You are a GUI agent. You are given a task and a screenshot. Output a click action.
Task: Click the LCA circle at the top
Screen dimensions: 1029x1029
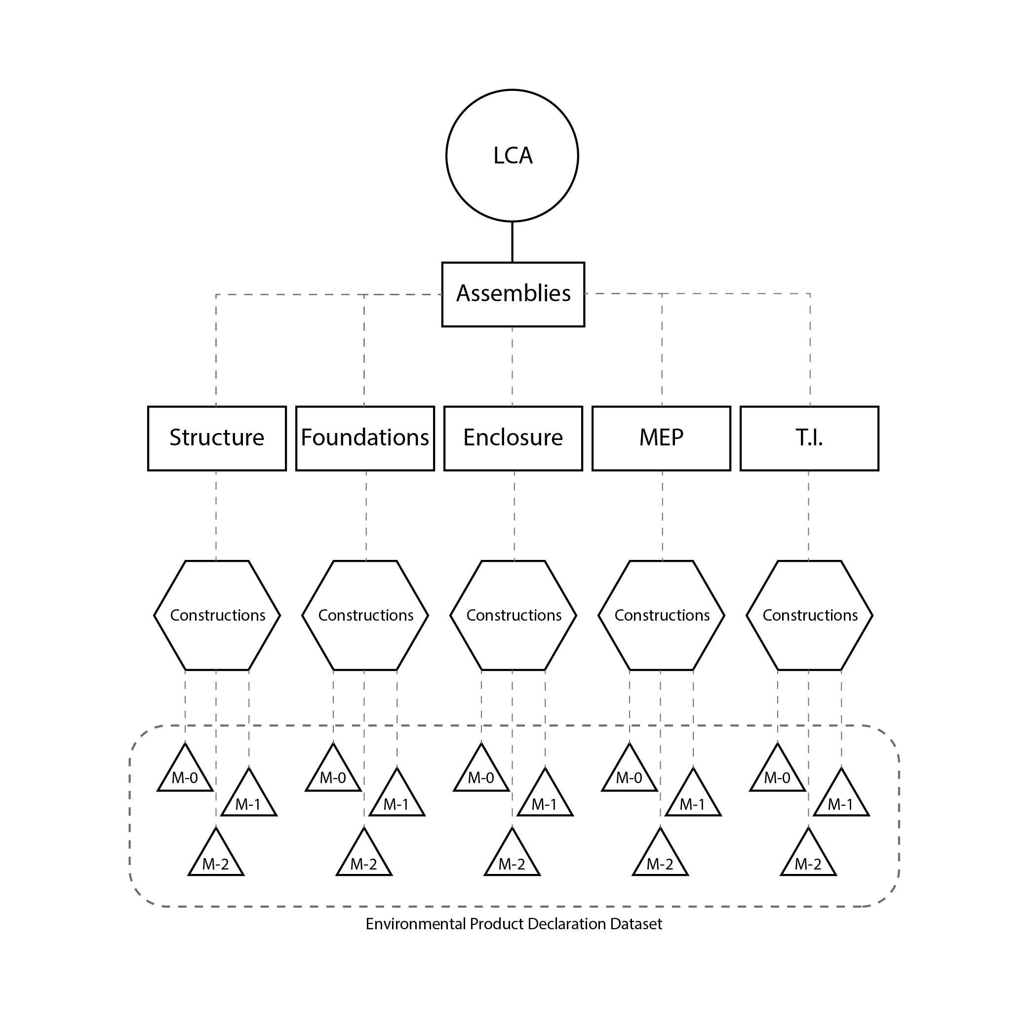tap(512, 156)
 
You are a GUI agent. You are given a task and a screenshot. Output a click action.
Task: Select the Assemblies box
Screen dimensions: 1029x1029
tap(513, 294)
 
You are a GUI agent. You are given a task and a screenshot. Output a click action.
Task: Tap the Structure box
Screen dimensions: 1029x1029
tap(217, 438)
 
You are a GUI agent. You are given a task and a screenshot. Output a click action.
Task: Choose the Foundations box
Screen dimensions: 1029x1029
tap(365, 438)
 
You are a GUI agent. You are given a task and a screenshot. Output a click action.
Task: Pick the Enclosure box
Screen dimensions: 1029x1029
tap(513, 438)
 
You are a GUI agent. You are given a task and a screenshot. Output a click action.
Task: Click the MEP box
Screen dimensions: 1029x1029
tap(661, 438)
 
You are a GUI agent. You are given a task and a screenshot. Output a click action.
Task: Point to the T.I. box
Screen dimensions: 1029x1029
tap(809, 438)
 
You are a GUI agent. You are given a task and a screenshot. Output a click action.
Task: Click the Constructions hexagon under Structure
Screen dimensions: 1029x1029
tap(217, 615)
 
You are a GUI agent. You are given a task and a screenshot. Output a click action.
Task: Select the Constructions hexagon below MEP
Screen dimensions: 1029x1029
tap(661, 615)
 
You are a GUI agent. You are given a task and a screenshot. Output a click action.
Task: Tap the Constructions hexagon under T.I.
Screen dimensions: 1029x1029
tap(809, 615)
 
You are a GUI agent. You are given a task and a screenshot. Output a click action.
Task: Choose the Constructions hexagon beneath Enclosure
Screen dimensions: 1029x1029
tap(513, 615)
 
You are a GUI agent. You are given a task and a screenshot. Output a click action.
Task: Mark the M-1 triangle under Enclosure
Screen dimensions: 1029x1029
tap(544, 798)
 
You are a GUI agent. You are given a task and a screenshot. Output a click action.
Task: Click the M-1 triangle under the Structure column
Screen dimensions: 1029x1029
tap(248, 798)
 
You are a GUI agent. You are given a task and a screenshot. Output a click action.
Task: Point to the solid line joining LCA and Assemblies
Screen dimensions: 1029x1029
tap(512, 242)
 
